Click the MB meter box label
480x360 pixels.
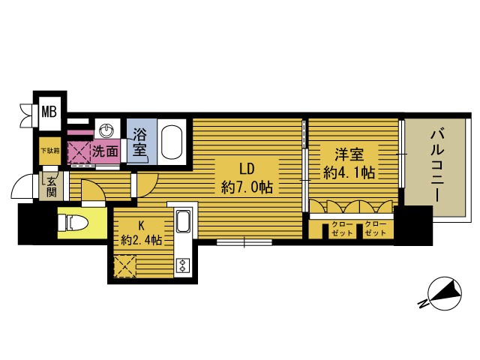point(49,112)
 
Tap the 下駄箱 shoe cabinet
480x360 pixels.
point(50,151)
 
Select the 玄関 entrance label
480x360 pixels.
point(52,187)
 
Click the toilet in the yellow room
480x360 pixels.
point(73,223)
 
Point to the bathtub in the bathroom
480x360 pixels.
point(172,142)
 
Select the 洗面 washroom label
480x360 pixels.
point(105,151)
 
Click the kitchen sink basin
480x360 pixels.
point(183,222)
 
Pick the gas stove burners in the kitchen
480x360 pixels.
point(183,265)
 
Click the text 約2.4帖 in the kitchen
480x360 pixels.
point(141,240)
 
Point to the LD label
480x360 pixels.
point(247,169)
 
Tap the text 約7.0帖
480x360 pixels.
point(247,187)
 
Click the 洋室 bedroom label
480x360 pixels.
point(349,154)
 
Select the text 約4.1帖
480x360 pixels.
point(349,172)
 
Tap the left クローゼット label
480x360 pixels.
point(342,229)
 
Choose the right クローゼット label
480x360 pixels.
point(376,229)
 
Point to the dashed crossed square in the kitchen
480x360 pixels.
point(125,266)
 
